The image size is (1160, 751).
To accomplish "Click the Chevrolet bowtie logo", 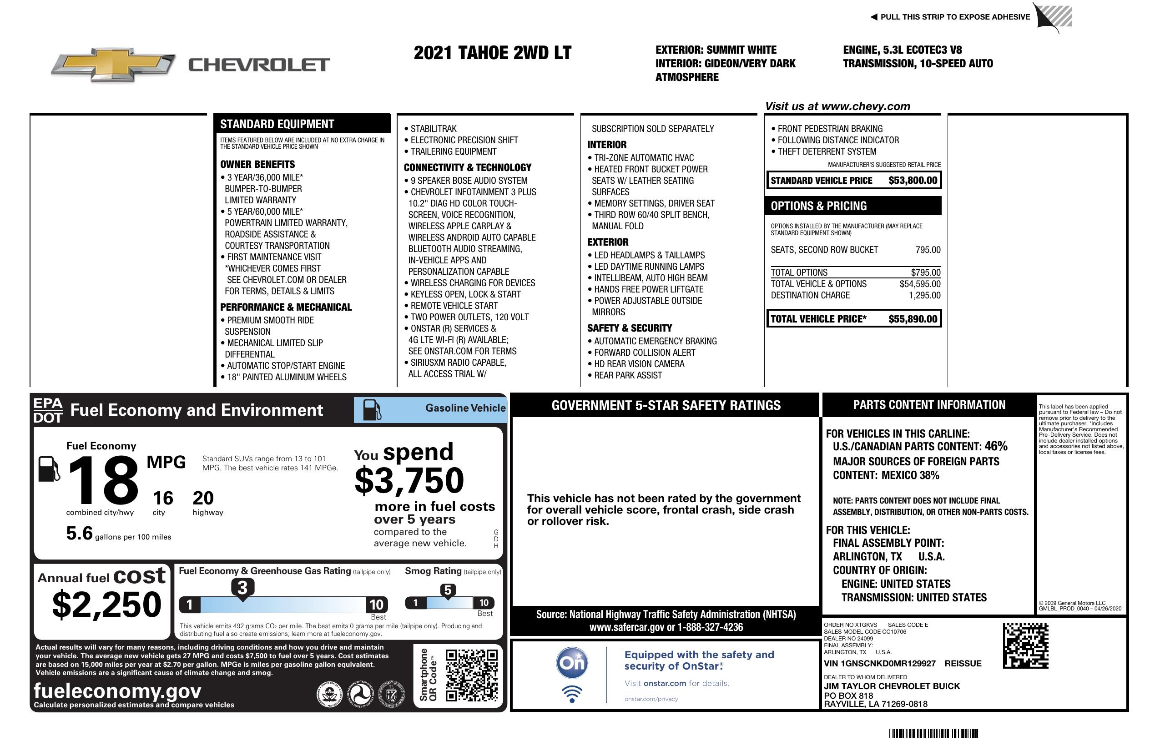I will (113, 64).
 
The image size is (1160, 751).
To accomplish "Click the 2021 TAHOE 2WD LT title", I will (492, 53).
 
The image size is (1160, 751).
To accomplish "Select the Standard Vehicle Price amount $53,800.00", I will (913, 180).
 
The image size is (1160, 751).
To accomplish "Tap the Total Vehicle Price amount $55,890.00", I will (913, 319).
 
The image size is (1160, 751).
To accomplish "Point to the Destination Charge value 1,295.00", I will (924, 295).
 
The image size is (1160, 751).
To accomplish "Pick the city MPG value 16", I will (163, 498).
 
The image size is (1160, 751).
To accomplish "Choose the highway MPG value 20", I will (203, 498).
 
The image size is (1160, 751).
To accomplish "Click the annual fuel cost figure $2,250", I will (107, 605).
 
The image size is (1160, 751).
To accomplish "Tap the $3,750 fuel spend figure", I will (409, 480).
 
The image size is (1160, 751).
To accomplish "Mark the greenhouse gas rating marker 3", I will (242, 588).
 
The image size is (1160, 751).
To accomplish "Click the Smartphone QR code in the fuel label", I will (471, 675).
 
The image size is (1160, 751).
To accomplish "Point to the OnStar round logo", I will (572, 663).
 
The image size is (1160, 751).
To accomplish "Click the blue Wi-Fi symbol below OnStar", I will (572, 694).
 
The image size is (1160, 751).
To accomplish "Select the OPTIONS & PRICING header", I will (819, 206).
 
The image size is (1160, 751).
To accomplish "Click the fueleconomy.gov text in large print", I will (117, 691).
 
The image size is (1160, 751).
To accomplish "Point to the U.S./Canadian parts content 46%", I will (996, 446).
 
